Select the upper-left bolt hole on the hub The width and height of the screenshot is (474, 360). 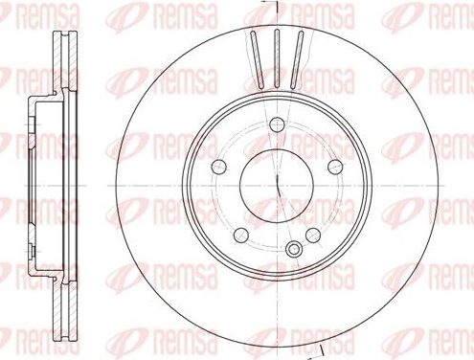coord(219,162)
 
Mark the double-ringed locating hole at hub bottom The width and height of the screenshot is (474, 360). coord(294,250)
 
